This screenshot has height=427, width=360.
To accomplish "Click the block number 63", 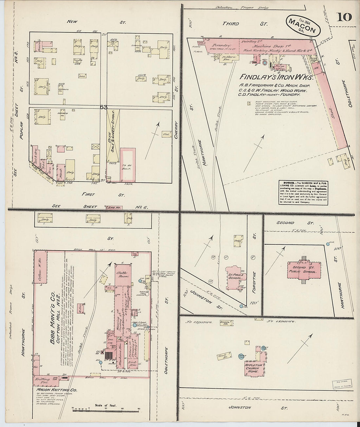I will (x=104, y=107).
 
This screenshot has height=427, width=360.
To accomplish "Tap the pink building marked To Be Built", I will (x=128, y=165).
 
